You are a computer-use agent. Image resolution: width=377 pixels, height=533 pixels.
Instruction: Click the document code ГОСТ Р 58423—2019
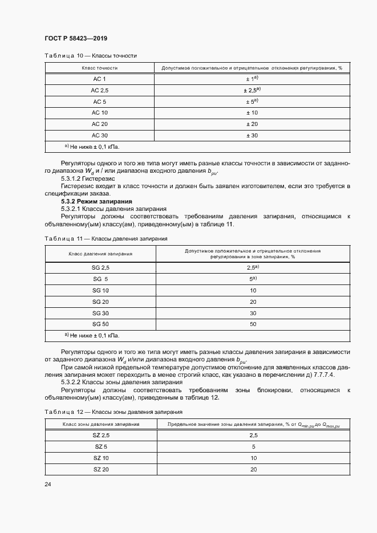click(75, 38)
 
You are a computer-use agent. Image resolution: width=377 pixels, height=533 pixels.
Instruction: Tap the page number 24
click(48, 485)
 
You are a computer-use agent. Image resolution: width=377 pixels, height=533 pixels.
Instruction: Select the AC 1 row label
click(99, 78)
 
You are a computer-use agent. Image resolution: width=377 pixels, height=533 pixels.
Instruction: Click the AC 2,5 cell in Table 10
click(99, 90)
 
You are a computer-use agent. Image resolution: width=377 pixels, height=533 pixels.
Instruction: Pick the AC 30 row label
click(99, 135)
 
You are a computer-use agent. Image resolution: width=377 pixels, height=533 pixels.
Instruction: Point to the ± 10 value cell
click(252, 112)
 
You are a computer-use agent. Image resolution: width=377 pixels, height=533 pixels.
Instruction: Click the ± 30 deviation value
click(252, 135)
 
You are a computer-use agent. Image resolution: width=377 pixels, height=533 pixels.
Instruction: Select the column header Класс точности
click(99, 67)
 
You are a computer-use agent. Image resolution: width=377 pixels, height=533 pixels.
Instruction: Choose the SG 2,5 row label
click(100, 267)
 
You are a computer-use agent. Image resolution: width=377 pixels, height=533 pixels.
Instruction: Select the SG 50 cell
click(100, 324)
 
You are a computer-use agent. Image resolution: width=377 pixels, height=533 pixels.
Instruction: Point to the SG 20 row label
click(100, 302)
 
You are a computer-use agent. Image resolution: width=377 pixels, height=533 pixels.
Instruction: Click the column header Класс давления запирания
click(100, 254)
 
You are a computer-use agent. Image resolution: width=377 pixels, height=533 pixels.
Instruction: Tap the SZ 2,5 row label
click(100, 435)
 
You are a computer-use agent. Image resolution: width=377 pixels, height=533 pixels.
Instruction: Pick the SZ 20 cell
click(100, 469)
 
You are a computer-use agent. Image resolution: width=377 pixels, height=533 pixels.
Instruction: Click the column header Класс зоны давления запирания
click(100, 424)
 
